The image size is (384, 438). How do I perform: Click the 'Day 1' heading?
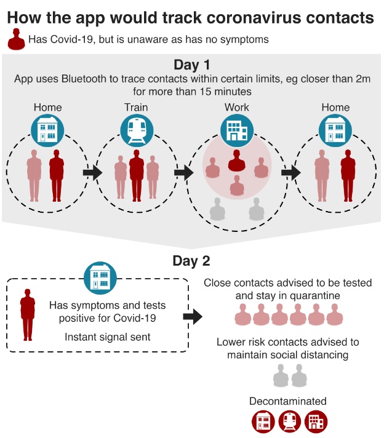click(x=192, y=65)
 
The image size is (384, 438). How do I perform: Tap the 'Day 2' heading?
click(x=192, y=260)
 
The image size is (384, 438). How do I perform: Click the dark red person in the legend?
click(x=15, y=40)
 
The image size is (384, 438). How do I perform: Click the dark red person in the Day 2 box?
click(x=28, y=316)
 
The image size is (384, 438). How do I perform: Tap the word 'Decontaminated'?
click(x=288, y=401)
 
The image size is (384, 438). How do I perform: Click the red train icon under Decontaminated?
click(x=289, y=421)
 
